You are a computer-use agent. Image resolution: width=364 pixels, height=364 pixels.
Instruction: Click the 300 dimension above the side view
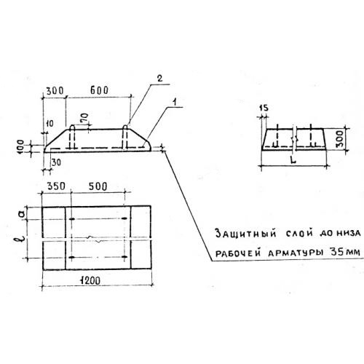[55, 91]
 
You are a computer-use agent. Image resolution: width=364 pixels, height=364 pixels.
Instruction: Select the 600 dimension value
[100, 90]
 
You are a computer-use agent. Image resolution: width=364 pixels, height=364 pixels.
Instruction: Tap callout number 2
[159, 79]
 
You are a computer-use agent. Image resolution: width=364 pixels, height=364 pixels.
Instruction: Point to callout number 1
[174, 103]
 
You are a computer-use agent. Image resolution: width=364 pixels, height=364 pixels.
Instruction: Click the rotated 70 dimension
[85, 119]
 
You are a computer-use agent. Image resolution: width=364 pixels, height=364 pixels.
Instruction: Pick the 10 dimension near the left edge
[50, 124]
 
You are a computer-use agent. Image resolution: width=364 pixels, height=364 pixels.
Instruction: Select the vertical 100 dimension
[20, 146]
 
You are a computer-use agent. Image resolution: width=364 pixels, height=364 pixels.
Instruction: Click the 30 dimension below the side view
[56, 162]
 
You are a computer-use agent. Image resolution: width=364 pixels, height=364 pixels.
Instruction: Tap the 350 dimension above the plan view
[56, 186]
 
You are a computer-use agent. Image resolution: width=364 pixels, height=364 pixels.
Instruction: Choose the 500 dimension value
[98, 186]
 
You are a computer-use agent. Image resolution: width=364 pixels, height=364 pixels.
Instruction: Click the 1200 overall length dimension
[90, 281]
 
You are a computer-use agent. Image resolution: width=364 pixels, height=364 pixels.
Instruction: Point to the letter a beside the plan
[21, 214]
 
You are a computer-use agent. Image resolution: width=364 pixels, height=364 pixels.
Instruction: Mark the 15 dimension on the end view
[264, 108]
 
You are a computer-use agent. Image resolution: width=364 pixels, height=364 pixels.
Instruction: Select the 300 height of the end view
[341, 139]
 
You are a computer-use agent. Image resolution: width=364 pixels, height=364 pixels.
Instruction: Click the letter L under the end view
[293, 159]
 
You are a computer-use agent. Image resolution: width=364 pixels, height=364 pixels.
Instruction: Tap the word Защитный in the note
[246, 234]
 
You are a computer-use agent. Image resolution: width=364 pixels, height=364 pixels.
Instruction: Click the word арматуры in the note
[296, 253]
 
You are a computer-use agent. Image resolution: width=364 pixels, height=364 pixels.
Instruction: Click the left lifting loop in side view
[72, 137]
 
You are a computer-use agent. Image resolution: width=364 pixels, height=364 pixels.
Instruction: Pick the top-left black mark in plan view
[72, 219]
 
